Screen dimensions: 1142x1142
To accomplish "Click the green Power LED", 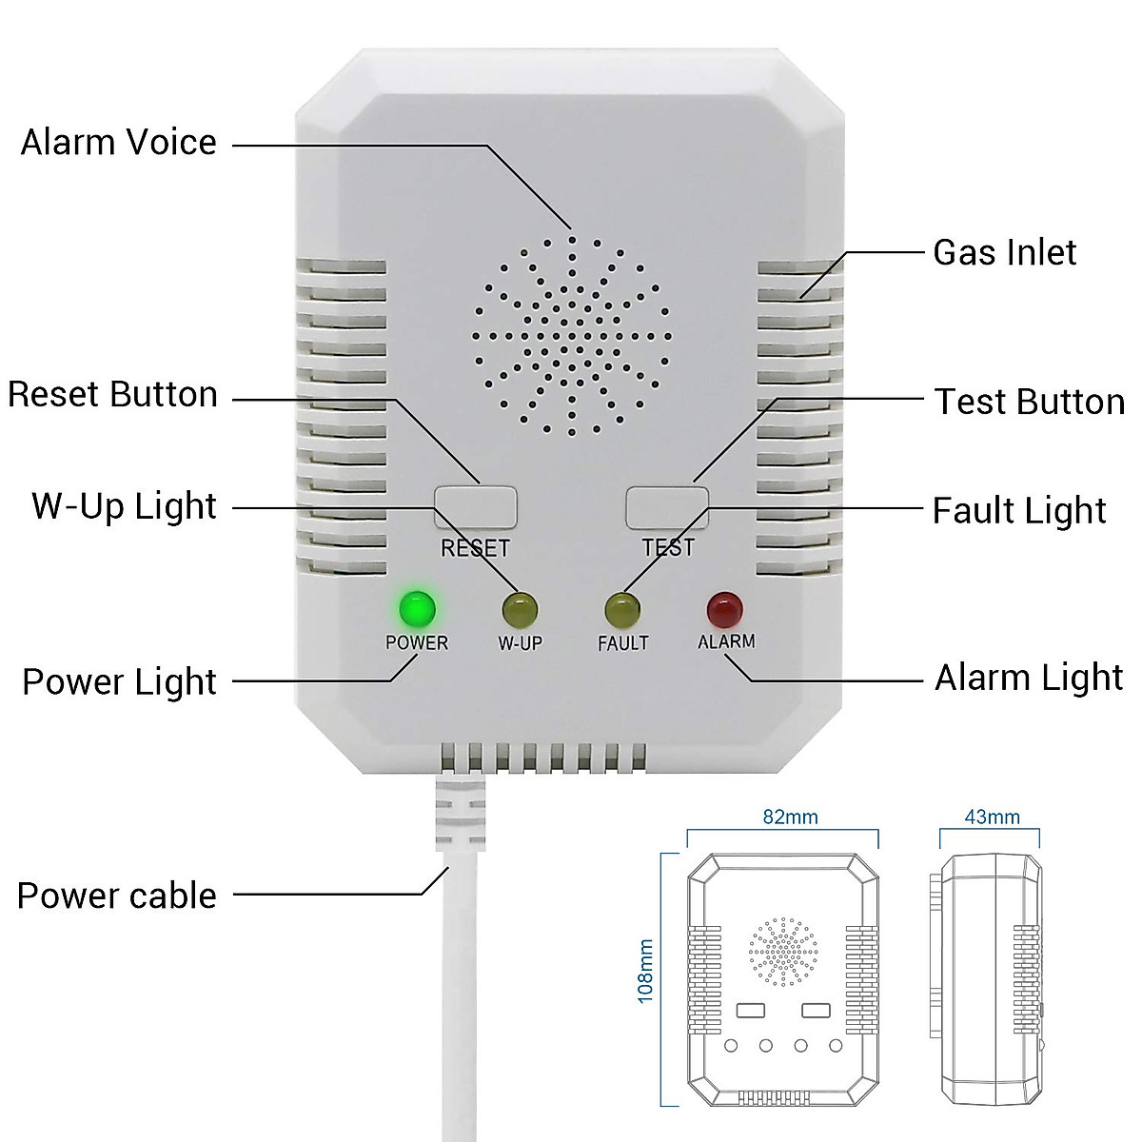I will click(x=417, y=607).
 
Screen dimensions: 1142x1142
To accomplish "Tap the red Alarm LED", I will click(x=724, y=607).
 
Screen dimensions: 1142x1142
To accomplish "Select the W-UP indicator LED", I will click(x=520, y=607).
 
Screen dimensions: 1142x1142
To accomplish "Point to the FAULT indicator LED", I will click(x=621, y=607).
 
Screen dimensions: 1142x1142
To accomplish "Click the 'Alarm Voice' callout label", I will click(x=119, y=143).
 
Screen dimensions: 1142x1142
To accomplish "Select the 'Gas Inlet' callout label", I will click(x=1004, y=253).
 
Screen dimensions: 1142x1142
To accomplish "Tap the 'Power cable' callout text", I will click(x=117, y=896).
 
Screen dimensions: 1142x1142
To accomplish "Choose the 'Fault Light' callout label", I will click(x=1019, y=511).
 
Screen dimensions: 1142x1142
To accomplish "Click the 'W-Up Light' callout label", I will click(x=125, y=506).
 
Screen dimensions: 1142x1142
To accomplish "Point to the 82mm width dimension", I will click(x=790, y=817).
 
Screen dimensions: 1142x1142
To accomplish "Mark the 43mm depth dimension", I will click(x=992, y=817).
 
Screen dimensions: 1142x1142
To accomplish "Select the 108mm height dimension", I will click(x=646, y=972).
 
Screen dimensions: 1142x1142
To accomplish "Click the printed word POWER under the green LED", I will click(x=417, y=643).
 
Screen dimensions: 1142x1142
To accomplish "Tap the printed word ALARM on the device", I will click(x=726, y=642).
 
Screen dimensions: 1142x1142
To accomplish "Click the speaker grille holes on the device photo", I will click(x=571, y=335).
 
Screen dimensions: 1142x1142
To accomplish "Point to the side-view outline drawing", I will click(x=990, y=980).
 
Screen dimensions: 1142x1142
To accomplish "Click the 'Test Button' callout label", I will click(x=1029, y=402).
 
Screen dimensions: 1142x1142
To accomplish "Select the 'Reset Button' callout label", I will click(x=113, y=395).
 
